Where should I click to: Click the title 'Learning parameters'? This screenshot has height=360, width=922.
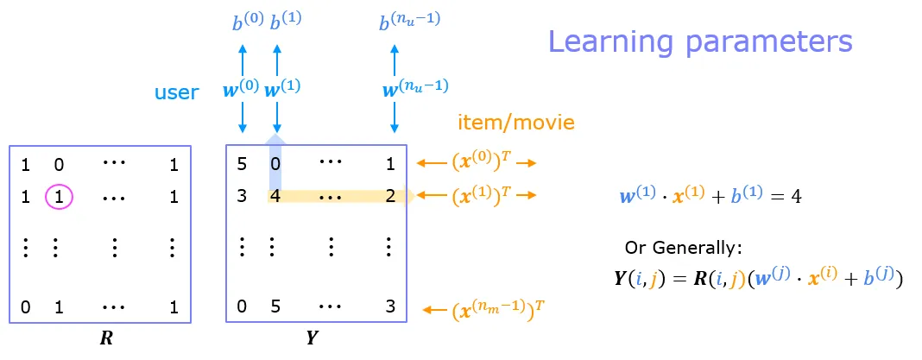click(700, 41)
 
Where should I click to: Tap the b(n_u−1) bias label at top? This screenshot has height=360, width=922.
click(409, 22)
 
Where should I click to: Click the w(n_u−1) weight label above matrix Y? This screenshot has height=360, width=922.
click(414, 88)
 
